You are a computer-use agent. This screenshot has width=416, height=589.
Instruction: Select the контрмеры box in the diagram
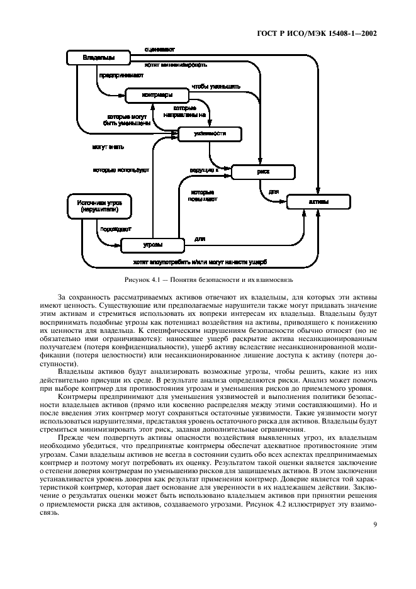point(157,95)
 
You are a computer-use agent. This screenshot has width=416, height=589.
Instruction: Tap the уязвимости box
point(210,133)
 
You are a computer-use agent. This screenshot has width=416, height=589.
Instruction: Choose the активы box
point(318,203)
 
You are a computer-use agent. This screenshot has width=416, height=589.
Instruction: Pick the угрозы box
point(152,244)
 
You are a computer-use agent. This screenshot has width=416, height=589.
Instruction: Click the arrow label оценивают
point(159,48)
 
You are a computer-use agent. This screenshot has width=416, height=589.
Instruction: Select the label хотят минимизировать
point(177,64)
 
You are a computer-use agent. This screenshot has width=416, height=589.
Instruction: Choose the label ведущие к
point(203,170)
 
